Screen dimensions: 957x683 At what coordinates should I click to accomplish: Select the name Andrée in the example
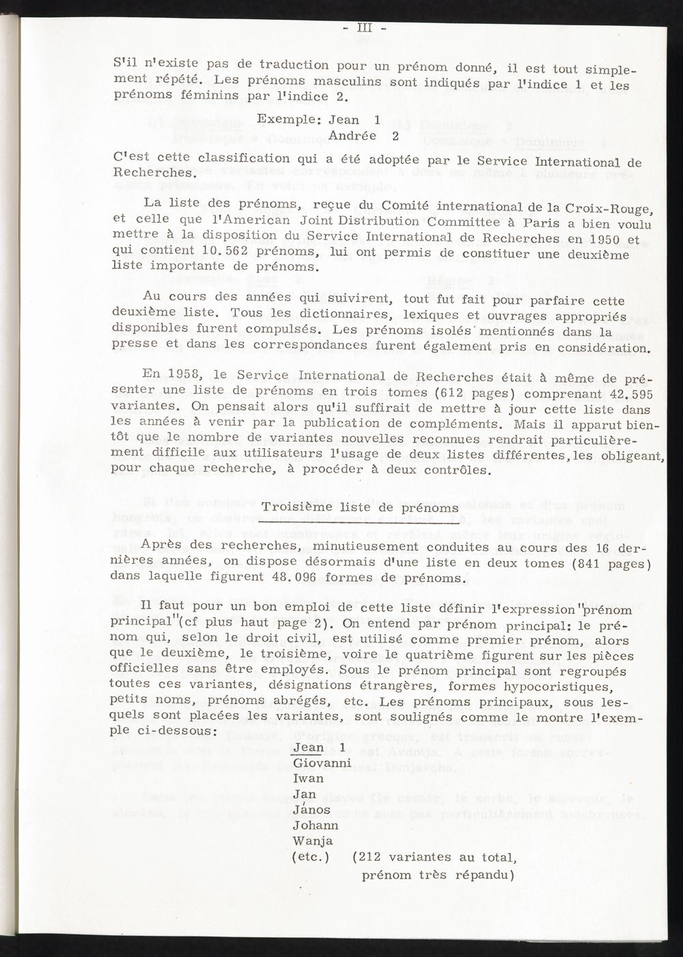[352, 135]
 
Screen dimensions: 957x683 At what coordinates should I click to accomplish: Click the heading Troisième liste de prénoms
[361, 507]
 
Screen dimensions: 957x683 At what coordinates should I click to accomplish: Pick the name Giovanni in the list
[322, 762]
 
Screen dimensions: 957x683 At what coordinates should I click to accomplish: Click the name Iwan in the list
[308, 778]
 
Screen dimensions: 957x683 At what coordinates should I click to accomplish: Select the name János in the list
[311, 810]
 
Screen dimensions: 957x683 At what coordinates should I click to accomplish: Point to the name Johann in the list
[315, 825]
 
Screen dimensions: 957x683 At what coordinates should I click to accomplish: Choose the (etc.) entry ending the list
[311, 857]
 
